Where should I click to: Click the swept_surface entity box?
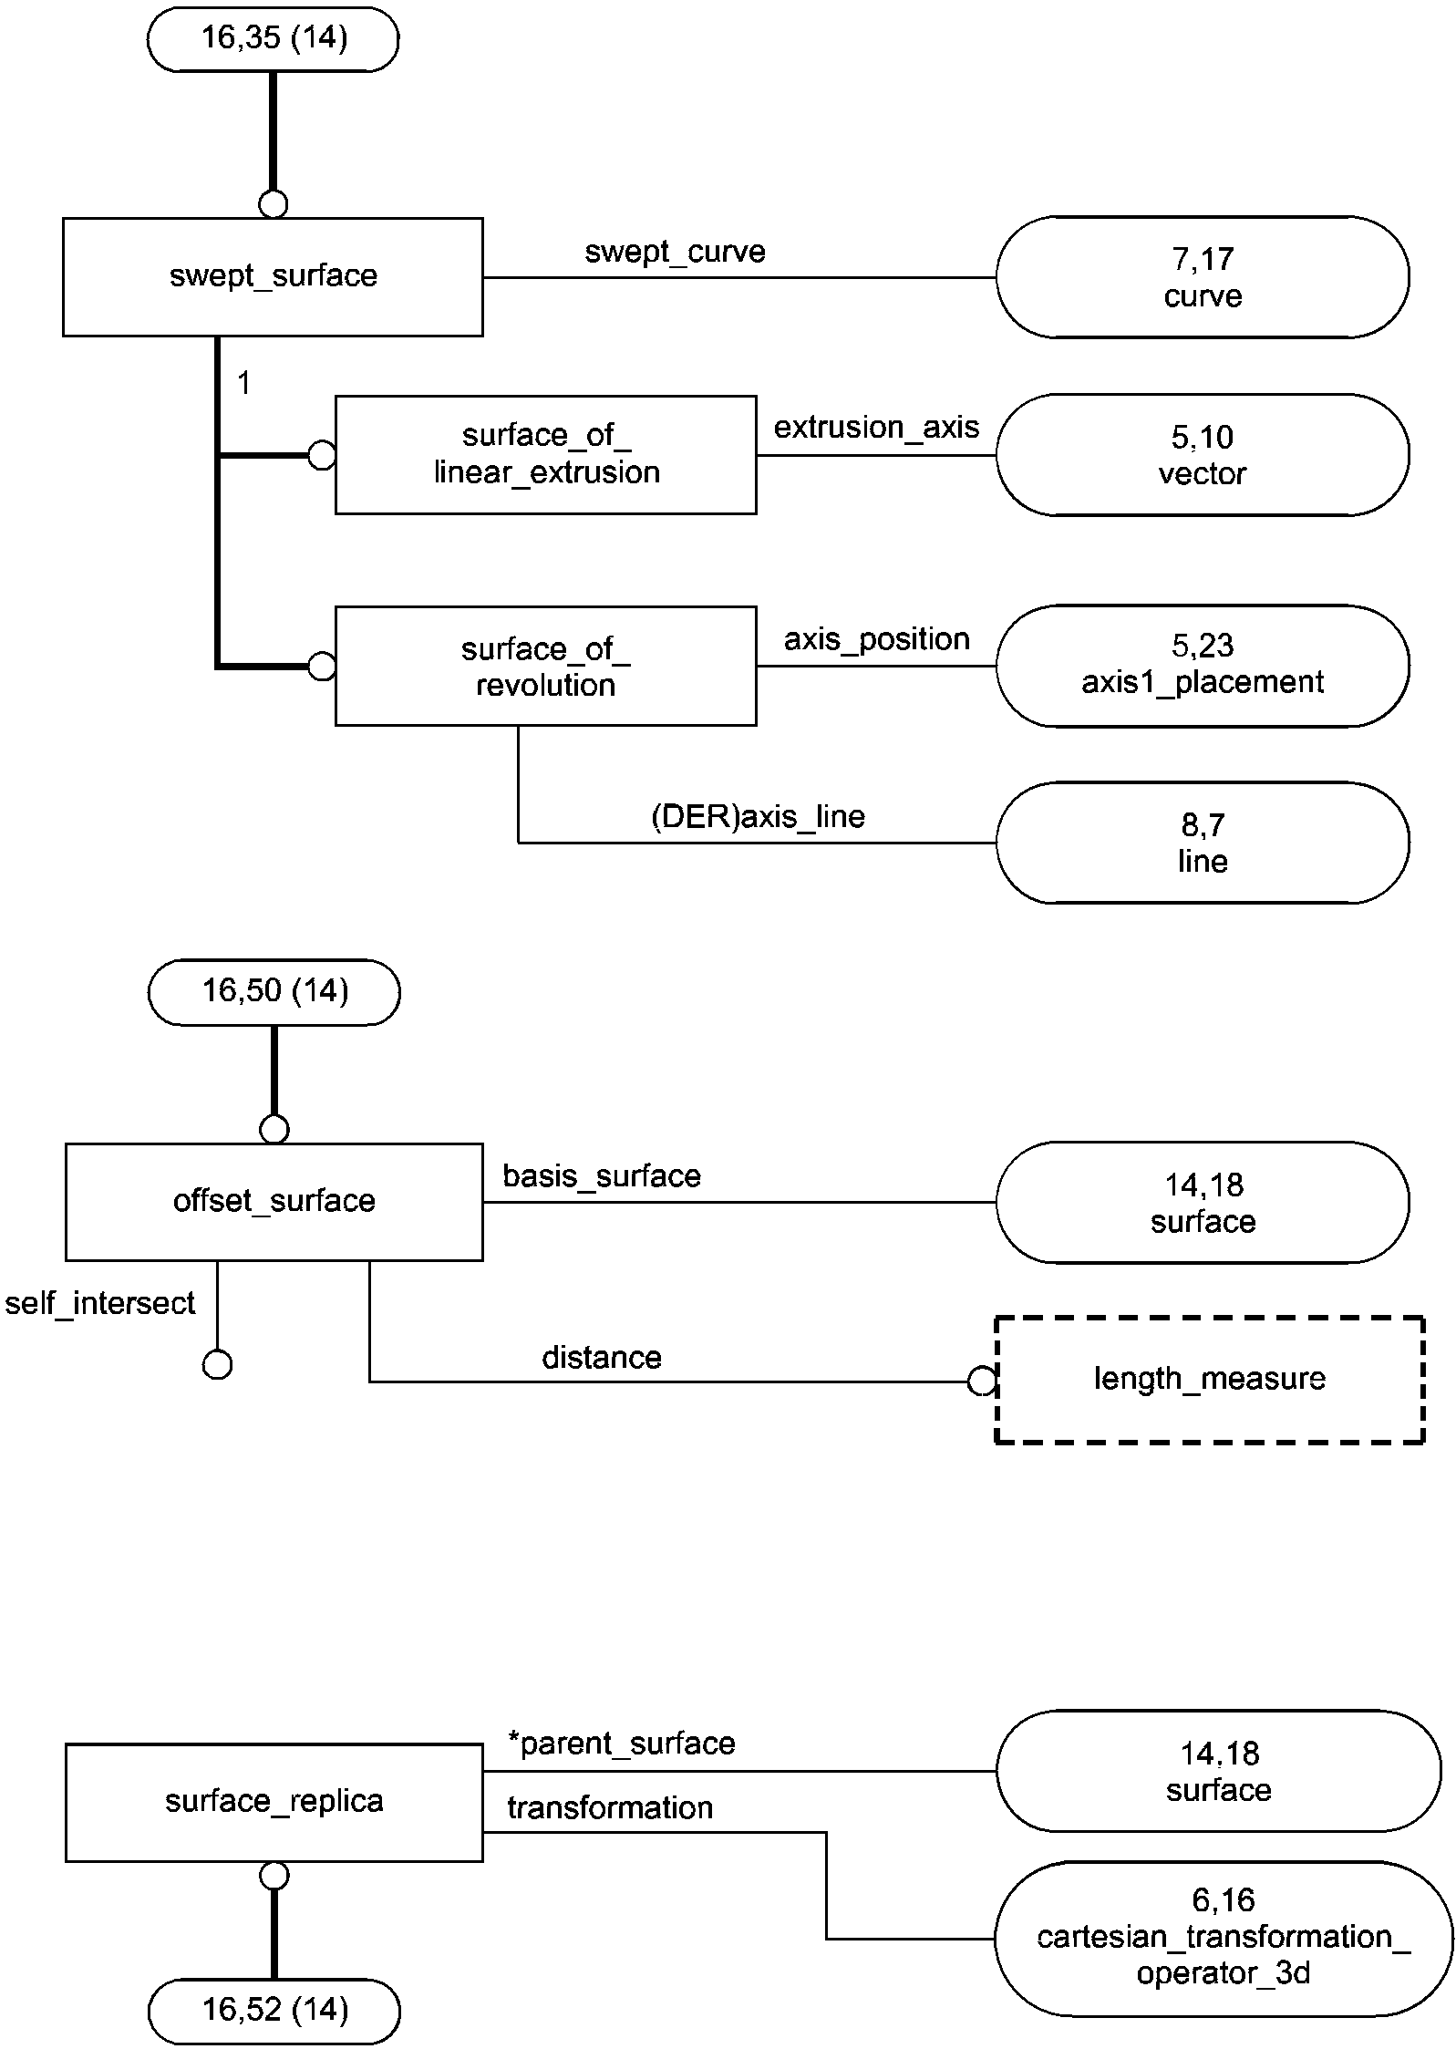pos(273,276)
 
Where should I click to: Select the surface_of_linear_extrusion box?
pos(545,454)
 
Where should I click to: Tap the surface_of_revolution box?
pos(545,666)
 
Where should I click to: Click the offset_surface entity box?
pos(274,1201)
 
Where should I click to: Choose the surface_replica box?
pos(274,1802)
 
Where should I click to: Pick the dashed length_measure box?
pos(1209,1380)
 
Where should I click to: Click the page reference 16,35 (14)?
pos(273,38)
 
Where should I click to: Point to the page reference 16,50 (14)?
pos(274,991)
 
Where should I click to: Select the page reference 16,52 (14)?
pos(274,2010)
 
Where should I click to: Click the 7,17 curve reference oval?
pos(1202,277)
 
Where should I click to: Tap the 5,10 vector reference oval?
pos(1202,455)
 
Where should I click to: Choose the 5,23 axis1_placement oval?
pos(1202,665)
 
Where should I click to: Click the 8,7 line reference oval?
pos(1202,843)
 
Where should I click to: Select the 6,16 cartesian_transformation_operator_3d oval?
pos(1223,1938)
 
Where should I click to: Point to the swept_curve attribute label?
pos(675,252)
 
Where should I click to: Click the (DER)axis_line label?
pos(758,816)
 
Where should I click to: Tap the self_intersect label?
pos(100,1303)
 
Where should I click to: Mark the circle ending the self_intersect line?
pos(217,1365)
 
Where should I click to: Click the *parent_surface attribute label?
pos(621,1744)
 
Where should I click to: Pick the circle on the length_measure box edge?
pos(982,1382)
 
